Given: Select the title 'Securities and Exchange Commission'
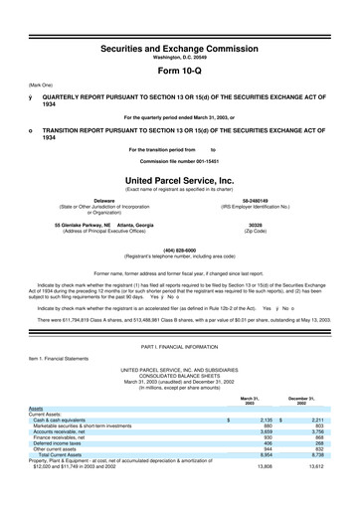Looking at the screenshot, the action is (179, 47).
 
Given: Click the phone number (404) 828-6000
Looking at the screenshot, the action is (179, 250).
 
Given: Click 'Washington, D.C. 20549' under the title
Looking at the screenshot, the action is (179, 58).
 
